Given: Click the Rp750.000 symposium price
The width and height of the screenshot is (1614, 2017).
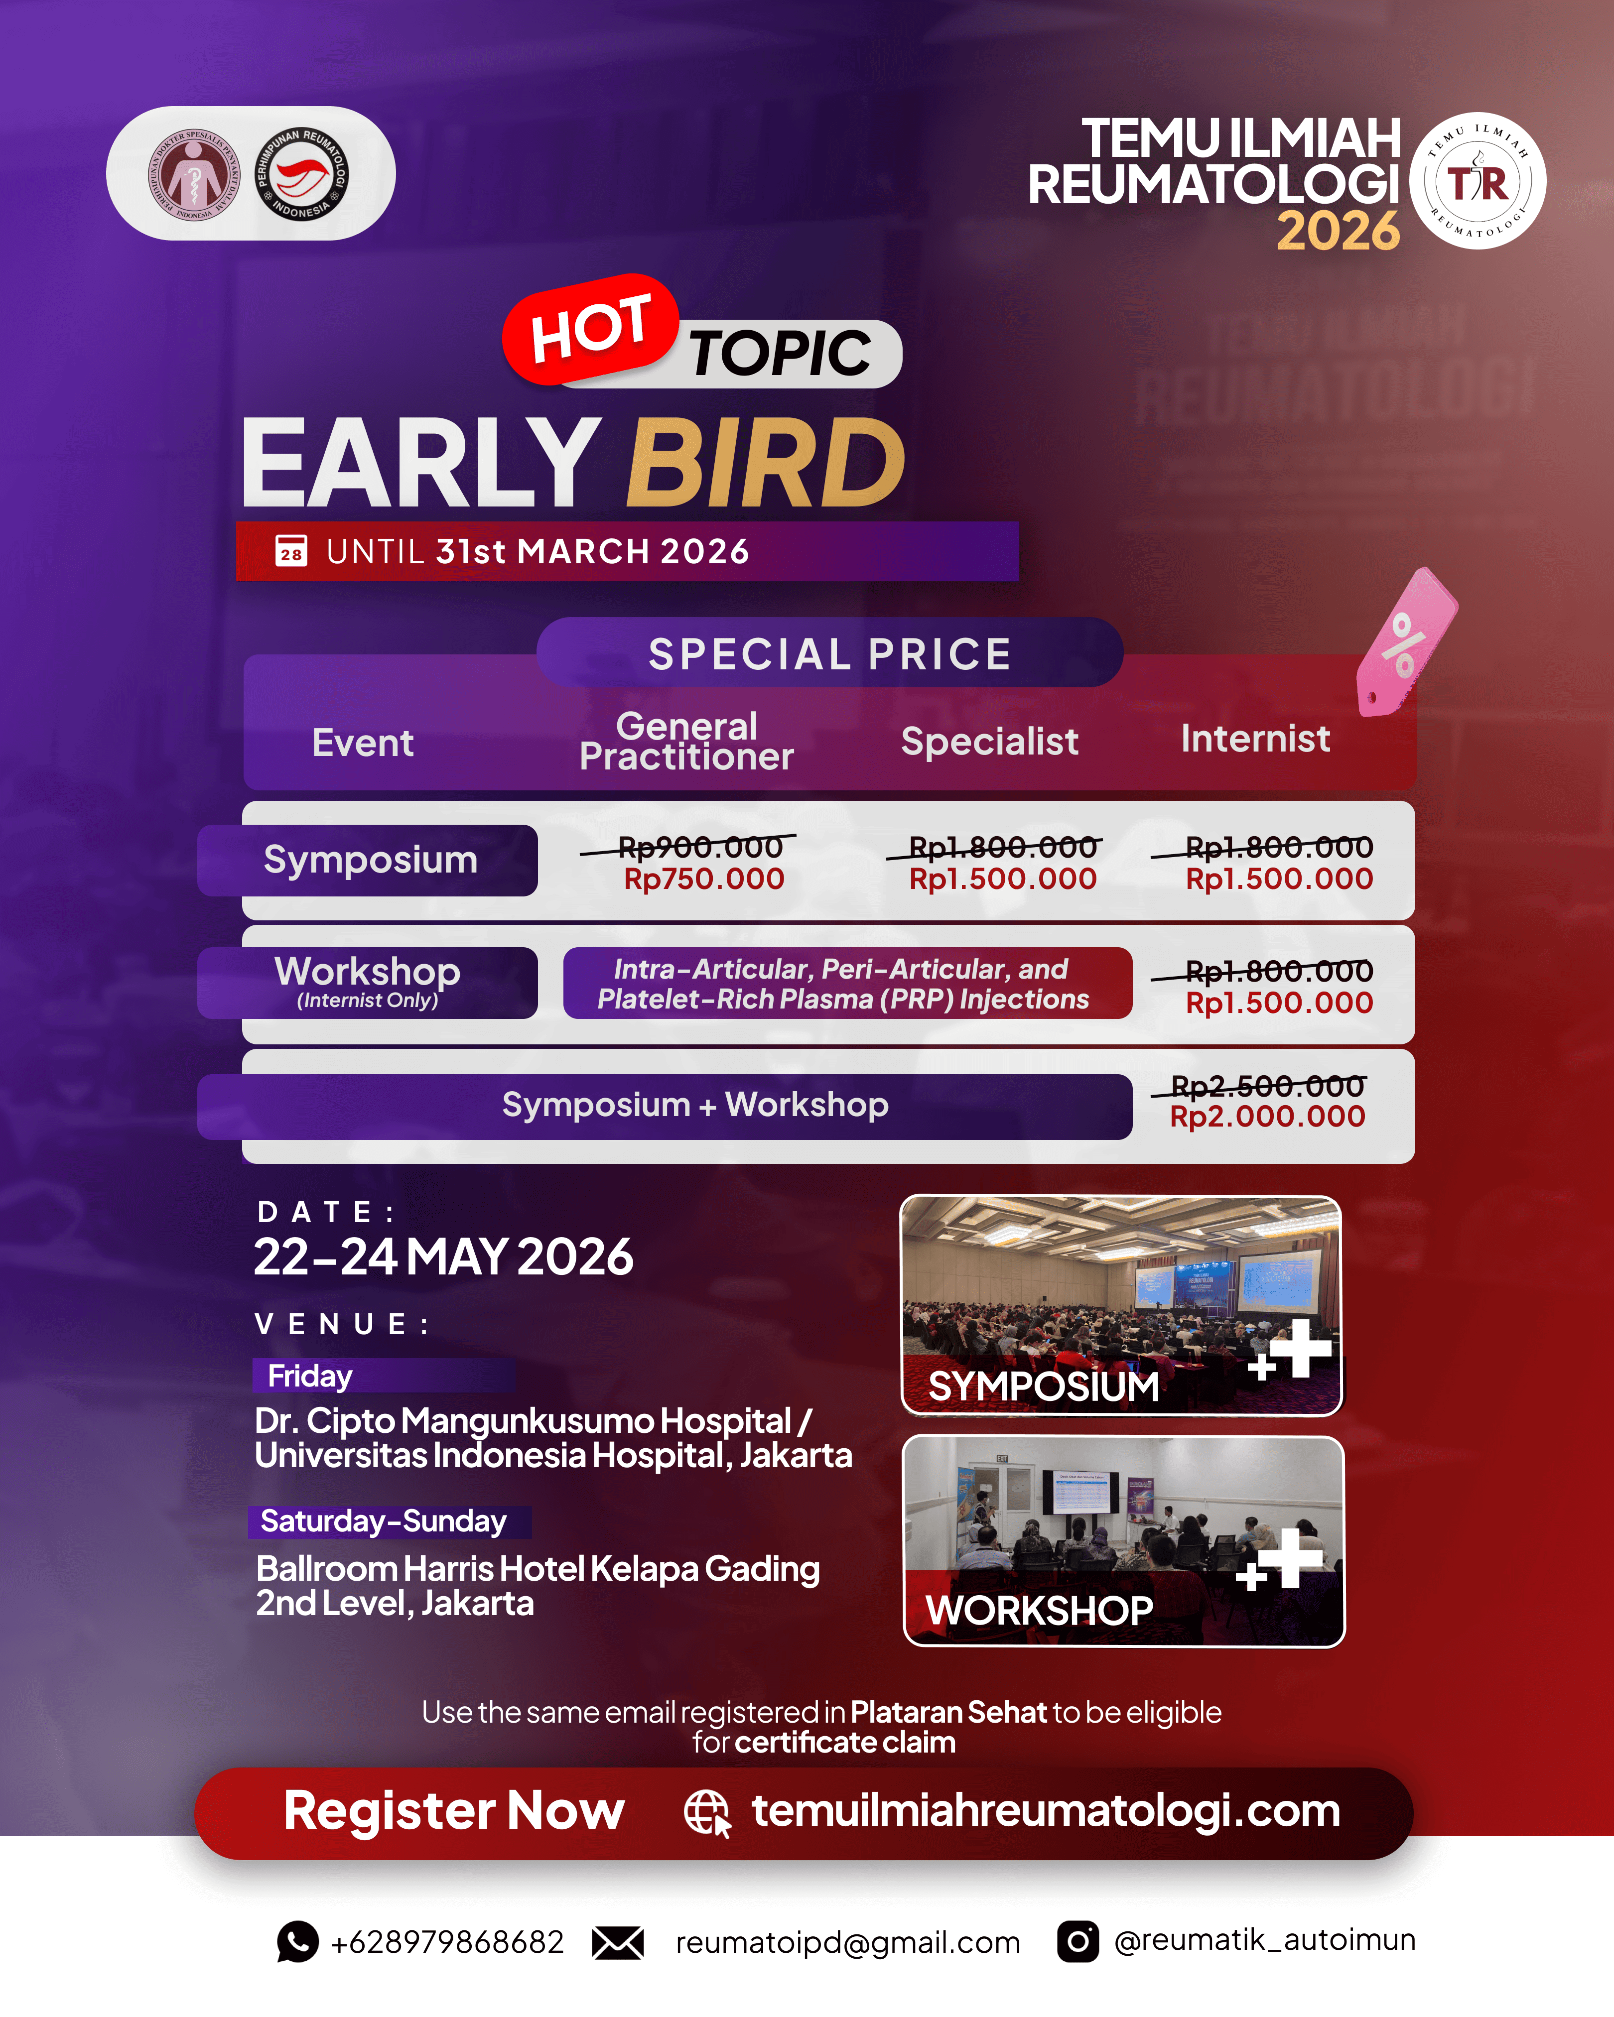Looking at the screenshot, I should pyautogui.click(x=703, y=880).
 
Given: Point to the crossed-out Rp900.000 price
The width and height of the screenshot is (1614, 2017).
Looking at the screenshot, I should pyautogui.click(x=700, y=847).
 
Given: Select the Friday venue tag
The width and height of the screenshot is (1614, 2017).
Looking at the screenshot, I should pyautogui.click(x=310, y=1376).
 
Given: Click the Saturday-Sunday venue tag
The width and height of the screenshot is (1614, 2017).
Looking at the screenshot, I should pyautogui.click(x=384, y=1521).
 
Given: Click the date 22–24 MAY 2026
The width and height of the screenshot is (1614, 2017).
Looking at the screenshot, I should pyautogui.click(x=443, y=1257).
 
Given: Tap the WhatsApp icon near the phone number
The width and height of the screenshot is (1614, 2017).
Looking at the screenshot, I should pyautogui.click(x=297, y=1942).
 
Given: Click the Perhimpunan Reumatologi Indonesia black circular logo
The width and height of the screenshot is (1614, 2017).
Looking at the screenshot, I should pyautogui.click(x=301, y=174).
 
